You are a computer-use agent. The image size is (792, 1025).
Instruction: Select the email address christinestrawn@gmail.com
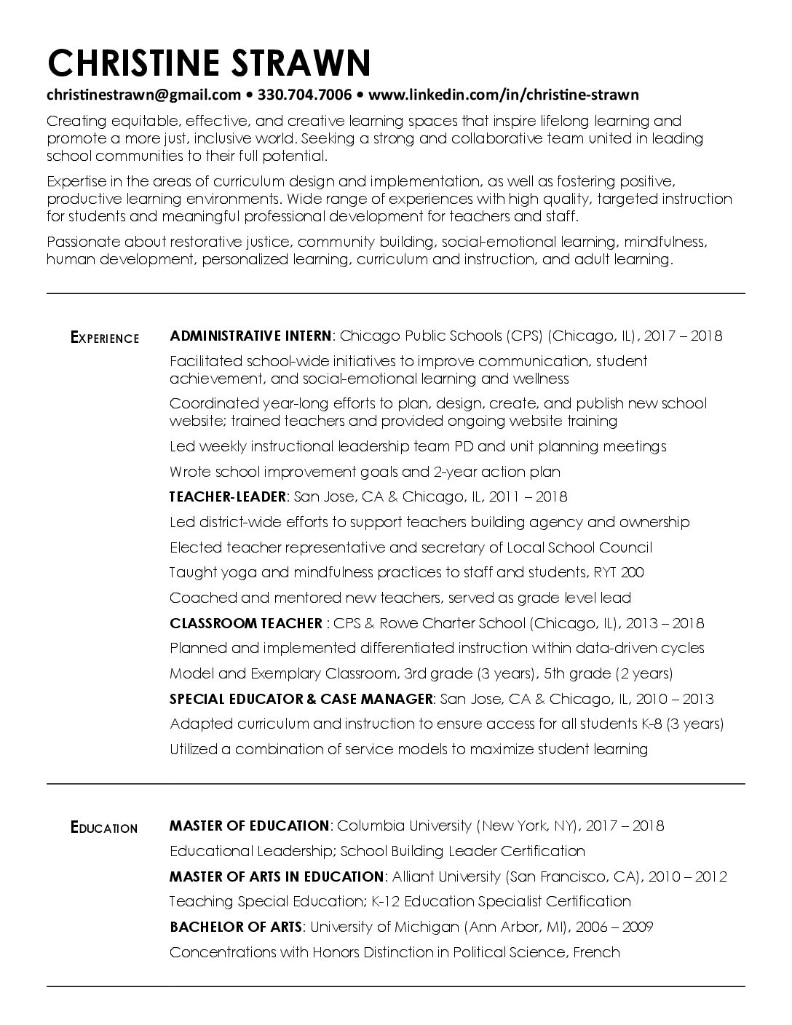[x=143, y=95]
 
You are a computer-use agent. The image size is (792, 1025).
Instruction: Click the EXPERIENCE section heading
[x=105, y=337]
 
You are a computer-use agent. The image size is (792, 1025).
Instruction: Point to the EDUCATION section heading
[x=104, y=828]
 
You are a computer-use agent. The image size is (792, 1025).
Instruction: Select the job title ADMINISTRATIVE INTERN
[x=250, y=336]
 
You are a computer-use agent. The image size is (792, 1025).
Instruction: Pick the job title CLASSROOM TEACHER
[x=245, y=623]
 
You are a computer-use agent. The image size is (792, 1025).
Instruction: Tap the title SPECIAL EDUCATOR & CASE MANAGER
[x=301, y=699]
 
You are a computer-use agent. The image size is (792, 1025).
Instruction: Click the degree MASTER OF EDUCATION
[x=249, y=826]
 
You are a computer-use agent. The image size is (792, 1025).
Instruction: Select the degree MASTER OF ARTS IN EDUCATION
[x=276, y=876]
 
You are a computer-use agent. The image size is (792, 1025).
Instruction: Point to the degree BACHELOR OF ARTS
[x=235, y=927]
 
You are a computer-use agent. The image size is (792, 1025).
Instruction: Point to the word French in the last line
[x=596, y=952]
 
